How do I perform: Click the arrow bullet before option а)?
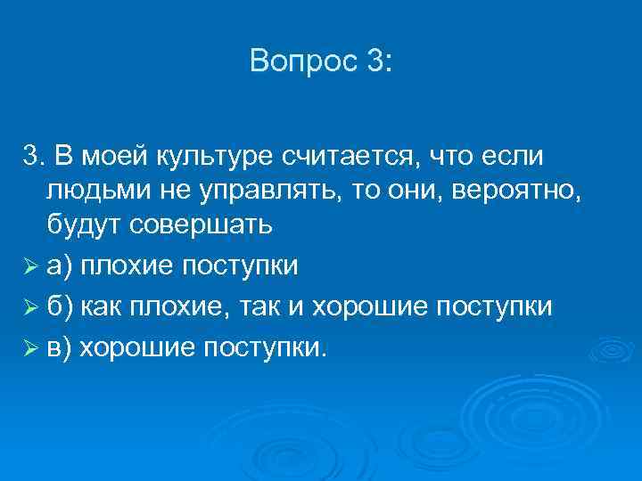[x=30, y=265]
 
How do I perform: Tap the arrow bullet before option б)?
[x=30, y=306]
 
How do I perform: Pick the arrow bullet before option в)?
[x=30, y=346]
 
